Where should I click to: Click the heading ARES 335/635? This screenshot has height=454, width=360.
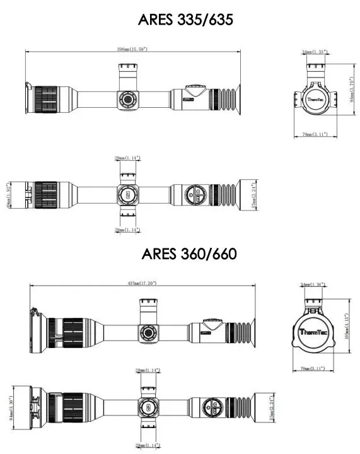[186, 20]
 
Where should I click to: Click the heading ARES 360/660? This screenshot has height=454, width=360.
[189, 254]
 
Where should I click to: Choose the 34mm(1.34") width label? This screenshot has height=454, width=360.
[313, 284]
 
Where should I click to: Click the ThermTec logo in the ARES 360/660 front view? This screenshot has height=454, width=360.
[312, 332]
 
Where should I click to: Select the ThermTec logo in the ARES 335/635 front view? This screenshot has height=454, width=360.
[313, 98]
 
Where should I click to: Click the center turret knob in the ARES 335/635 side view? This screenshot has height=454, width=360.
[127, 99]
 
